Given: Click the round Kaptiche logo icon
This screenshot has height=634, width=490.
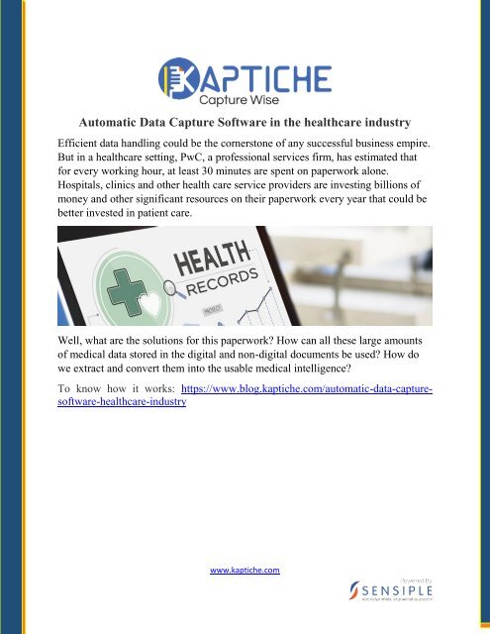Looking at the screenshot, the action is (176, 75).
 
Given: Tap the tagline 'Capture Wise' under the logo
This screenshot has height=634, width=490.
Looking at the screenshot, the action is (246, 98).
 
